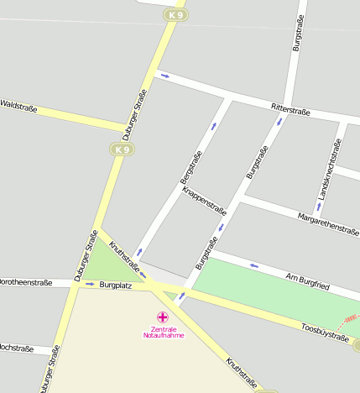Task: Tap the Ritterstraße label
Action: [x=291, y=109]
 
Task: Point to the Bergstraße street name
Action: [x=190, y=167]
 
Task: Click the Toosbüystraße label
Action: [x=324, y=332]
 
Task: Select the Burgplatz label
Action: [x=116, y=286]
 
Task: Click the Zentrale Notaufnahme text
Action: [x=163, y=332]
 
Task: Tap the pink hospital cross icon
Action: [x=163, y=317]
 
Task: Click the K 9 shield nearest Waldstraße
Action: [x=123, y=149]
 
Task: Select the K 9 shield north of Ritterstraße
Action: [x=175, y=15]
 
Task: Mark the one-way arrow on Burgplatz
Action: [x=89, y=285]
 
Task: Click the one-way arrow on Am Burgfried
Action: [x=254, y=266]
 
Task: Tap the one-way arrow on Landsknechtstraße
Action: [x=318, y=205]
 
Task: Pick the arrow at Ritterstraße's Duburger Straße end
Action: [x=165, y=76]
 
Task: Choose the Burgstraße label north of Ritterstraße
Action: [x=297, y=34]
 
